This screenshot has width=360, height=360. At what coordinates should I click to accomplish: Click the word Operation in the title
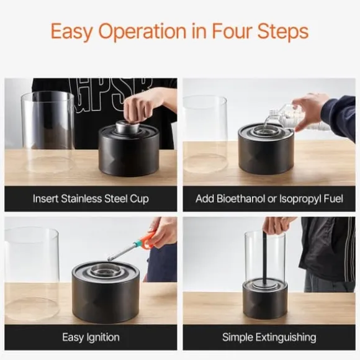[x=142, y=31]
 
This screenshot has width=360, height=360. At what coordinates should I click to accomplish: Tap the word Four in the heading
[x=230, y=31]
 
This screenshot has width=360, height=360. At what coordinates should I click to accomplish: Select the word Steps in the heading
[x=283, y=32]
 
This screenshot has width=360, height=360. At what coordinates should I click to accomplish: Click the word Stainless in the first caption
[x=81, y=199]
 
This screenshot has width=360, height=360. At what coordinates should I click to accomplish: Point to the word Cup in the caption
[x=140, y=199]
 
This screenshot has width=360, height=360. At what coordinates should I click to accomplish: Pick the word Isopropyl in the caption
[x=300, y=199]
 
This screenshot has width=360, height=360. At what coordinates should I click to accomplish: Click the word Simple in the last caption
[x=238, y=338]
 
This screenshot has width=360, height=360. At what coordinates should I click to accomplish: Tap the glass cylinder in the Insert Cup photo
[x=48, y=132]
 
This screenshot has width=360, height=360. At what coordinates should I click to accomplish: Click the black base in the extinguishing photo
[x=265, y=300]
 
